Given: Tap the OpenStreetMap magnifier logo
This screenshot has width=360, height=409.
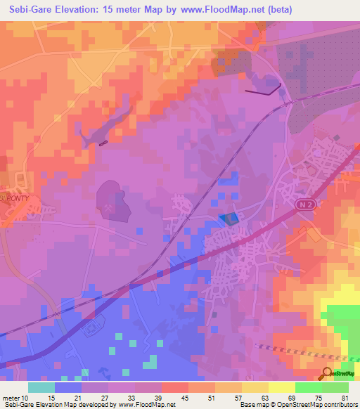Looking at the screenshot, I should click(x=328, y=374).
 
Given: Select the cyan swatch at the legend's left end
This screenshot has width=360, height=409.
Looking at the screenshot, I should click(x=41, y=387).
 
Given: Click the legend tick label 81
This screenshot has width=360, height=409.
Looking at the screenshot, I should click(x=344, y=398).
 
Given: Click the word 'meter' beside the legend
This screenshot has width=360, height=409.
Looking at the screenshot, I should click(x=12, y=398).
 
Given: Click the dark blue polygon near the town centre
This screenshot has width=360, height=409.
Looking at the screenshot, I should click(x=229, y=219).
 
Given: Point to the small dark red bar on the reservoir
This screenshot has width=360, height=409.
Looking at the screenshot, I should click(x=103, y=143).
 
